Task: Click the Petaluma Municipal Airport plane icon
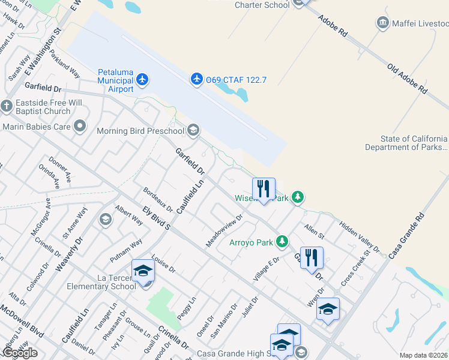click(x=142, y=79)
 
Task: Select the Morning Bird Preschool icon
click(x=193, y=130)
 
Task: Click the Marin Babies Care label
click(x=37, y=126)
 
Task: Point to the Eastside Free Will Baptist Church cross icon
click(x=7, y=106)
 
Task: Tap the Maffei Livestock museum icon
click(x=382, y=23)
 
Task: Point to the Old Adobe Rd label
click(x=407, y=79)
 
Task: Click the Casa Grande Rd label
click(x=406, y=235)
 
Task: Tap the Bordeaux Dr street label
click(x=158, y=200)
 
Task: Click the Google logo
click(x=20, y=353)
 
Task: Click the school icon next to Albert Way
click(x=106, y=219)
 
